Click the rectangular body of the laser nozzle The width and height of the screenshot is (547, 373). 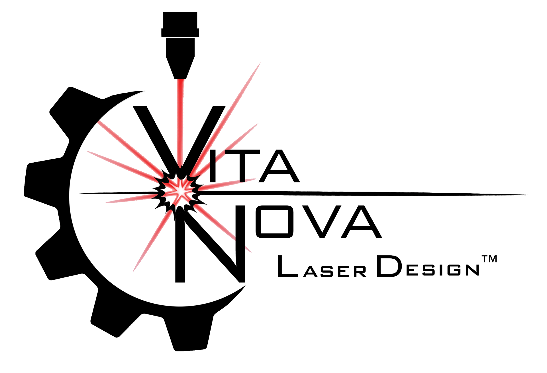pos(180,47)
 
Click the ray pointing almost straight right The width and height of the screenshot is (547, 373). pos(228,183)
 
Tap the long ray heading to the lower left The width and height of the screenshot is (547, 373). pos(151,242)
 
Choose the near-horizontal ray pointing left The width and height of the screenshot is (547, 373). pos(128,199)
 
